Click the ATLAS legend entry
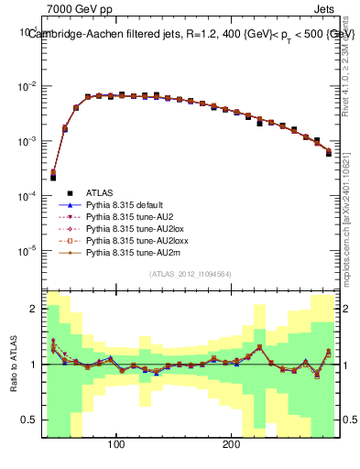coord(98,193)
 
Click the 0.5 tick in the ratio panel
coord(31,420)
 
